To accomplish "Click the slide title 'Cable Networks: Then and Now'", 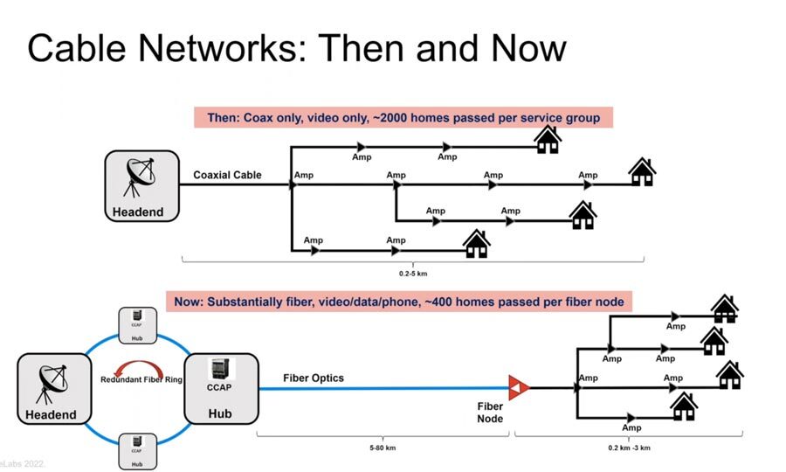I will (297, 48).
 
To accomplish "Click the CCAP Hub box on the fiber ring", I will (220, 387).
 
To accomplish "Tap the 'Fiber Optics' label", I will (314, 378).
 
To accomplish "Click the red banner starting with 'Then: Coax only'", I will (403, 117).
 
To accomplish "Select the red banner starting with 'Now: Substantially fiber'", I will (400, 302).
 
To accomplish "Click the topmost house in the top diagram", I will (548, 139).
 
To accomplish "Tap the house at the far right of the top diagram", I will (642, 171).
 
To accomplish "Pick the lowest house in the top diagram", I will (476, 243).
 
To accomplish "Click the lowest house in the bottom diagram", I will (684, 405).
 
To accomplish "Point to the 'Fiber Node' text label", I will (489, 413).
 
